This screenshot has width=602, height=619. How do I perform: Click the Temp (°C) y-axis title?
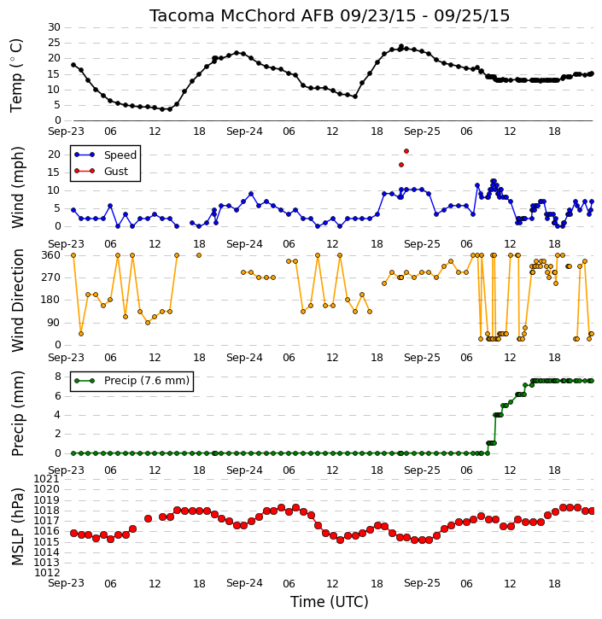point(16,75)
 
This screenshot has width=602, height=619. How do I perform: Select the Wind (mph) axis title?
point(17,187)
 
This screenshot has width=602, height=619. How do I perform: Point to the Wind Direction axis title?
point(17,301)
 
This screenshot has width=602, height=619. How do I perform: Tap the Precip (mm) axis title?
point(17,414)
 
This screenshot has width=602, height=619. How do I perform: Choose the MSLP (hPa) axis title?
point(17,527)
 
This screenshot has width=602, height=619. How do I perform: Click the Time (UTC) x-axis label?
point(330,602)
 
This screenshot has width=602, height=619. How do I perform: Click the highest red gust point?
point(406,151)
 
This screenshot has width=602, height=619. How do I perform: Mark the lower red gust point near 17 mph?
point(401,165)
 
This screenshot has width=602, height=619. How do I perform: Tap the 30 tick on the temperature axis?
point(54,27)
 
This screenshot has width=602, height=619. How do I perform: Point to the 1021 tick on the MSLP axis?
point(47,479)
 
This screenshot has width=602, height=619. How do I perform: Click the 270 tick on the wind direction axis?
point(51,277)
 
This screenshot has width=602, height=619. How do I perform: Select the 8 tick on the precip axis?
point(57,377)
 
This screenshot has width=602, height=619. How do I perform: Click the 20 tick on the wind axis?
point(54,155)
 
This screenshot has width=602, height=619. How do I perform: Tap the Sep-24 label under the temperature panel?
point(244,131)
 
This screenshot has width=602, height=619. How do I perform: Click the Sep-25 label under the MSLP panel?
point(422,583)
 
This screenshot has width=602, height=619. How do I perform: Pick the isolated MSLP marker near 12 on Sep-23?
point(148,518)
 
